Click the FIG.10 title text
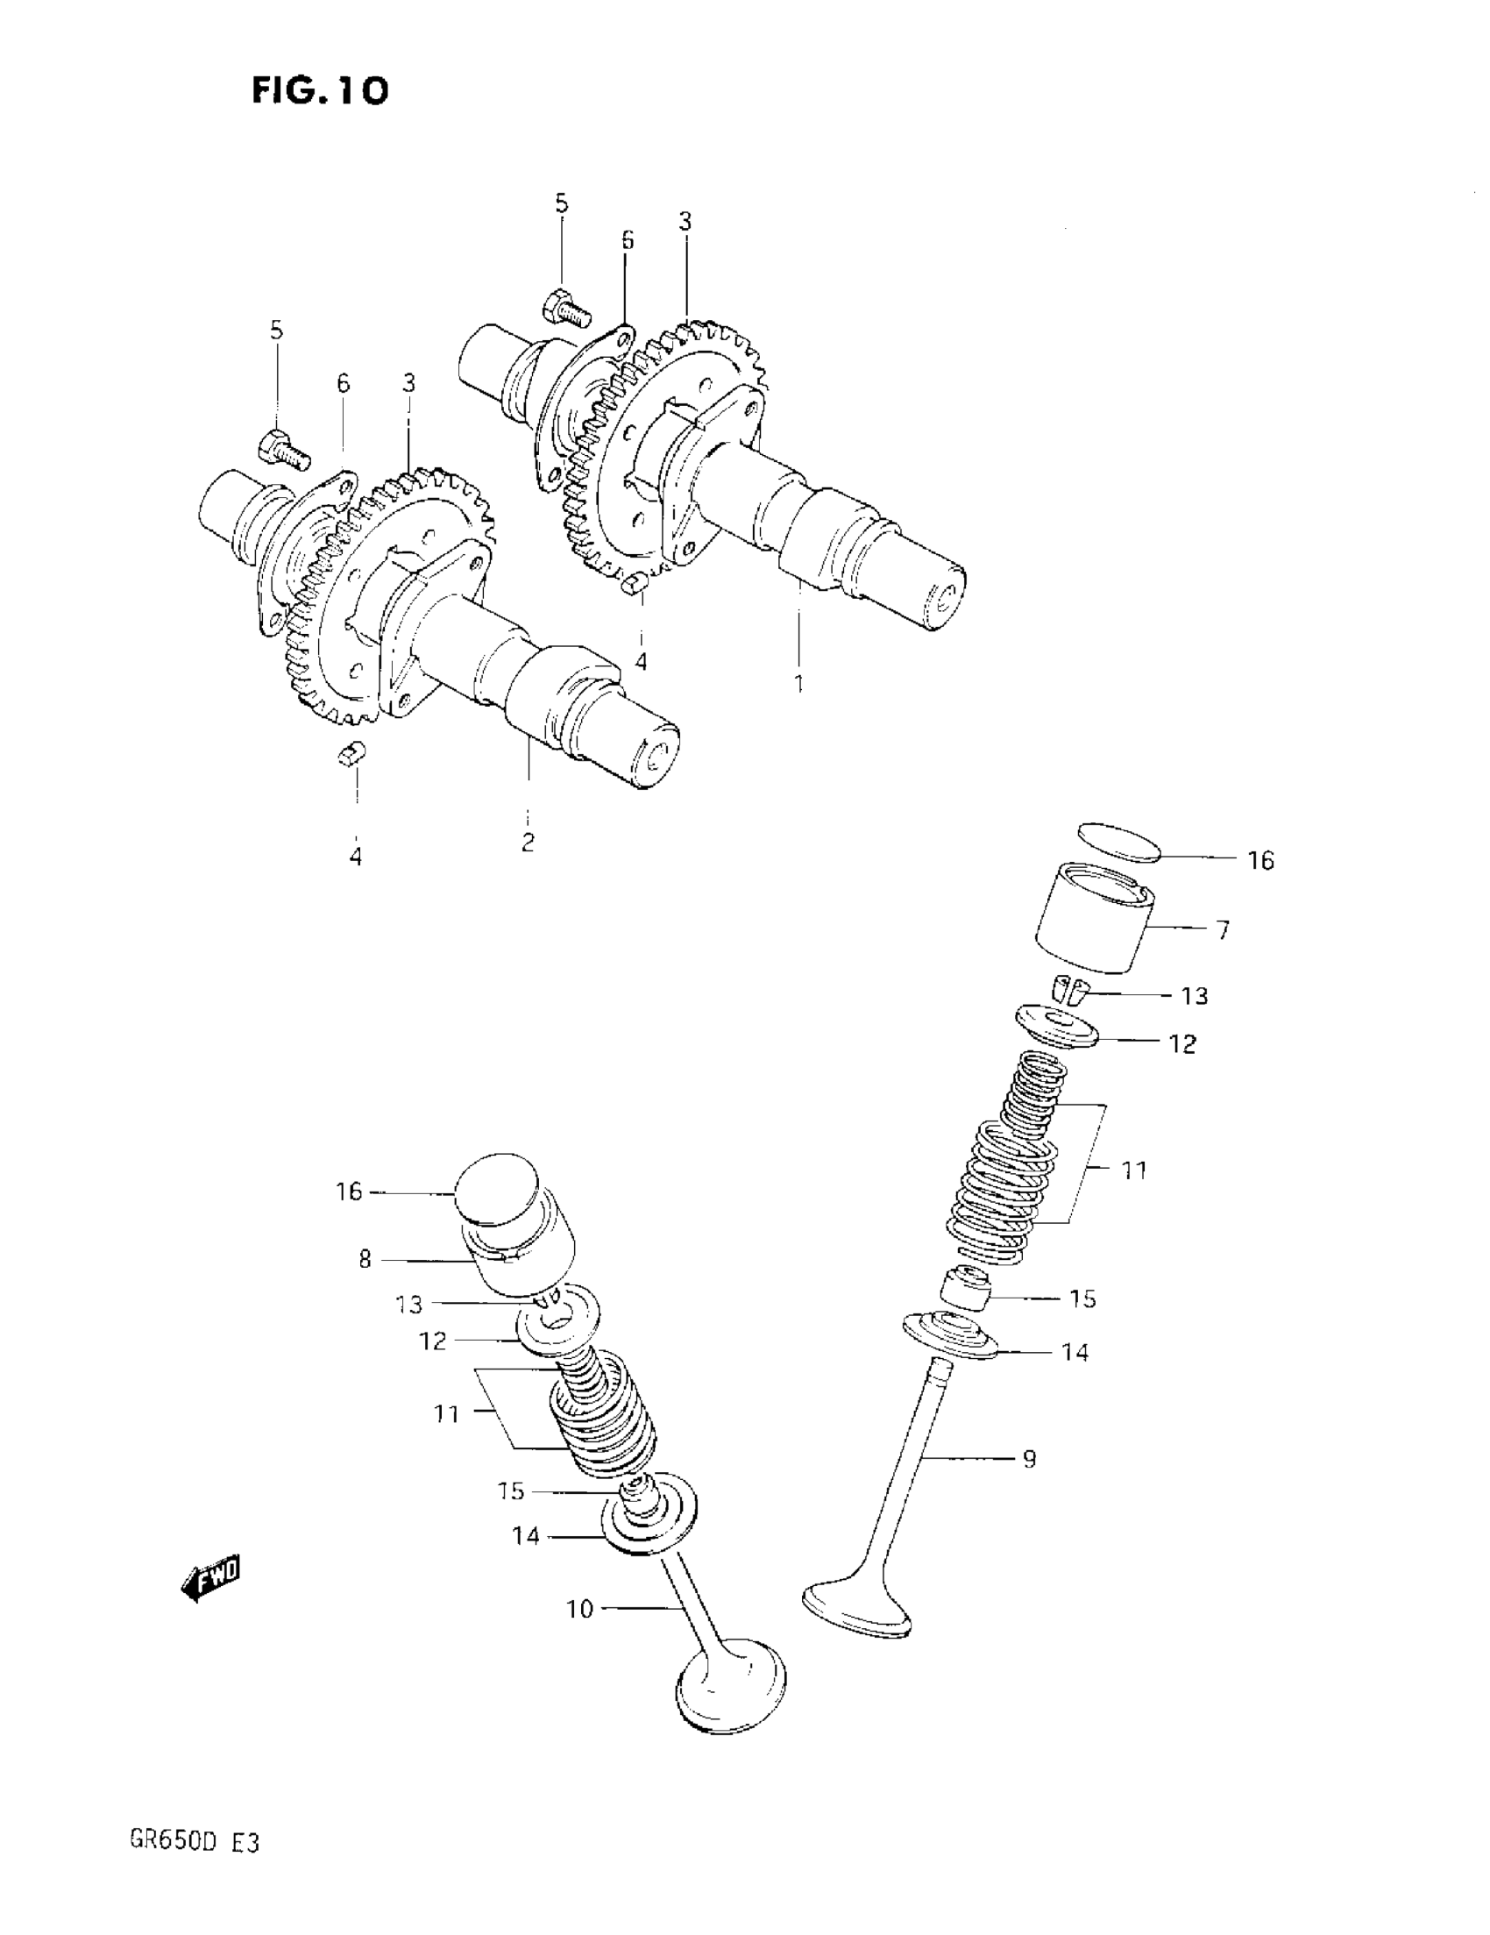click(320, 90)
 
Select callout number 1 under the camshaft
click(799, 684)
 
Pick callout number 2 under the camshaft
click(528, 842)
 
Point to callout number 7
click(1224, 930)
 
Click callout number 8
click(365, 1259)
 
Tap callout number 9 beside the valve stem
click(1029, 1458)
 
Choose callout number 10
click(579, 1608)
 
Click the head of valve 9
click(856, 1605)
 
